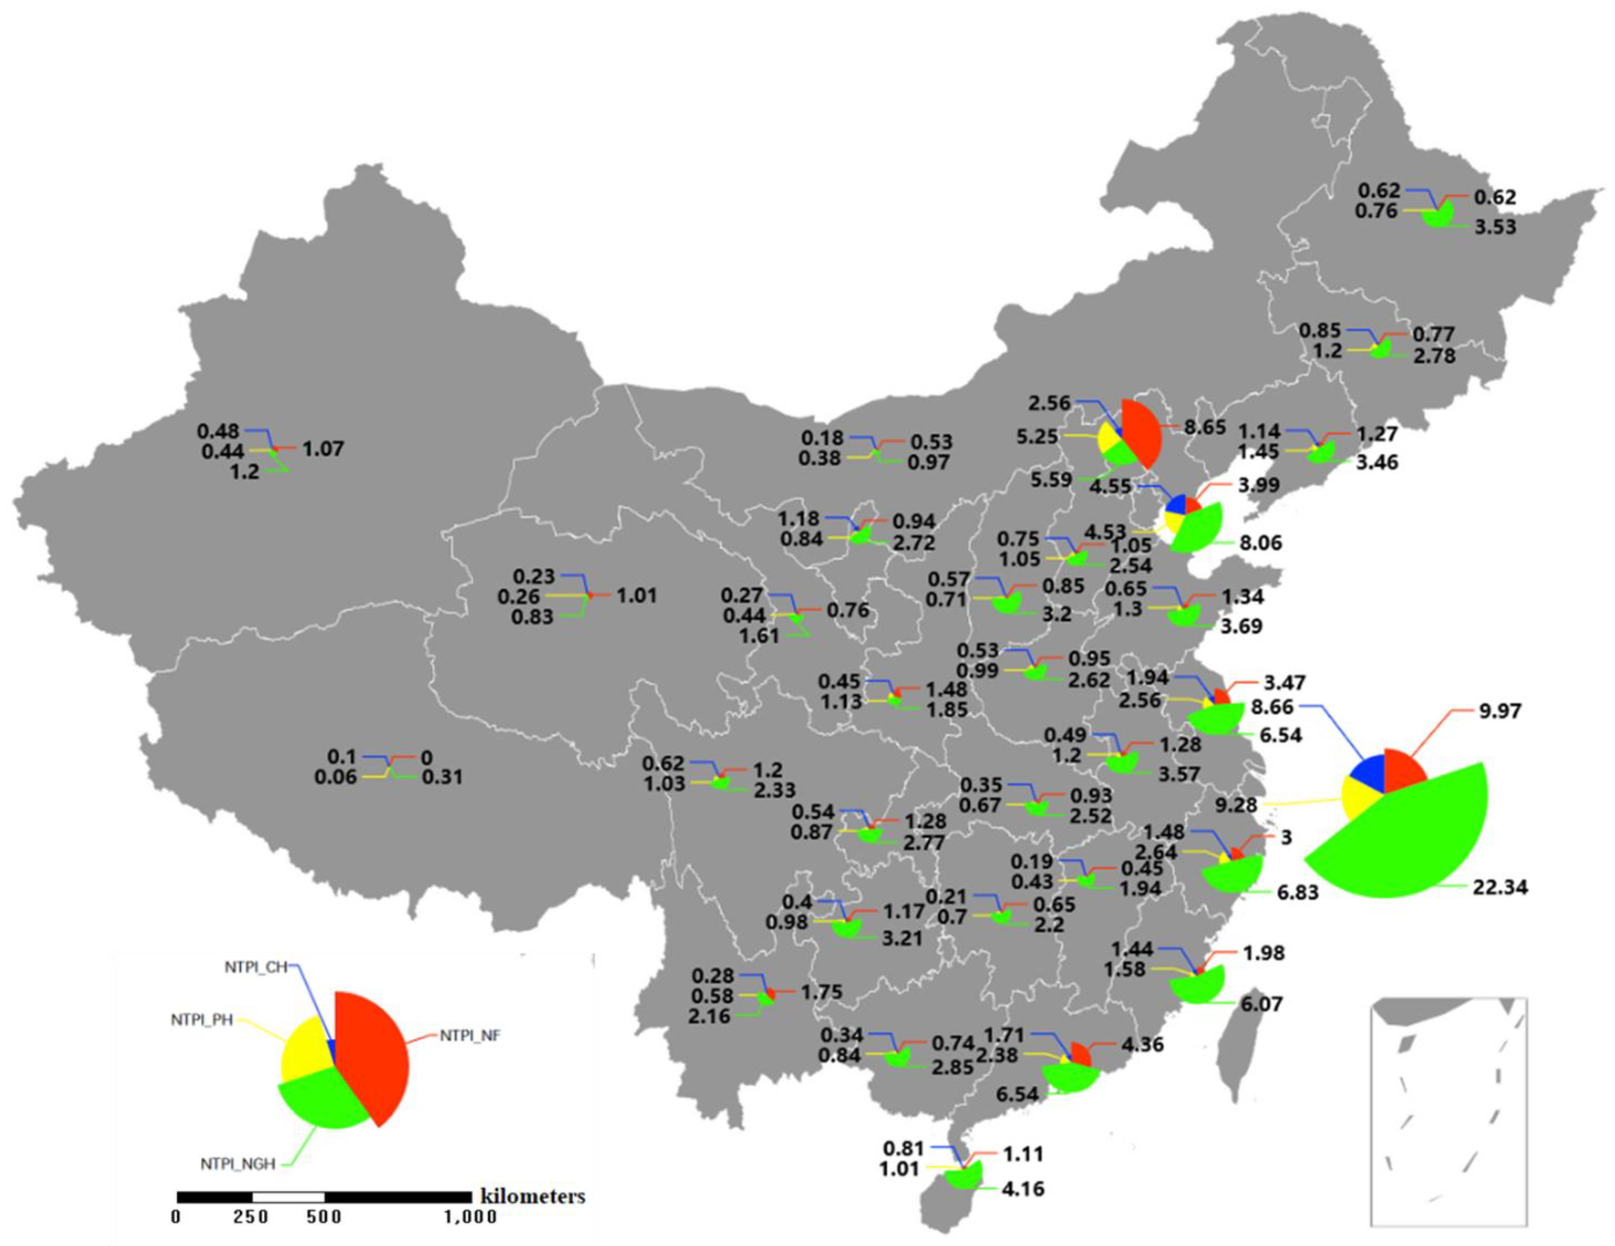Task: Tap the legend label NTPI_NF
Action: (x=470, y=1037)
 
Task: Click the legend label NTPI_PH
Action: (x=202, y=1021)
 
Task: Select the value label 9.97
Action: (x=1500, y=711)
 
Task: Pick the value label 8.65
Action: (x=1205, y=428)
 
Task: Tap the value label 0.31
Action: (x=441, y=777)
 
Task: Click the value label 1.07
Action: (x=323, y=449)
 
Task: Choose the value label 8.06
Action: (x=1261, y=543)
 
